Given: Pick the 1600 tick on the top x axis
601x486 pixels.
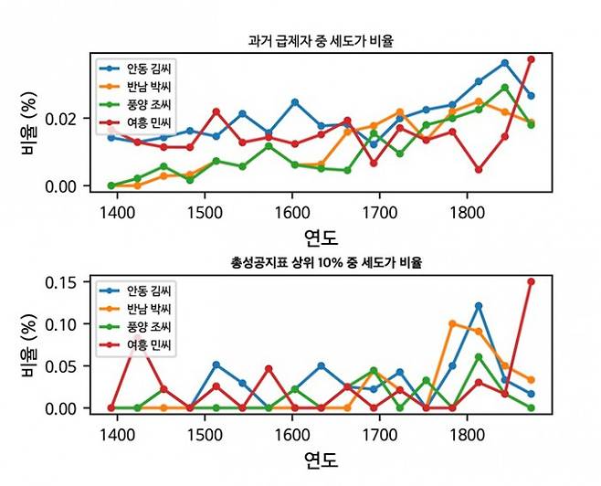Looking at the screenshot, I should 292,209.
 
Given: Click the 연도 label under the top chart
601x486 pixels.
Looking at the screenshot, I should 322,238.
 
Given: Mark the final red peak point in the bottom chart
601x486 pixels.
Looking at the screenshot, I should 531,281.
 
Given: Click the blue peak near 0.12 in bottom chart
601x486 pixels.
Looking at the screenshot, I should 478,305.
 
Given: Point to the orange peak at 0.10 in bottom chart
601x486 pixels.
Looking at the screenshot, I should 452,323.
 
